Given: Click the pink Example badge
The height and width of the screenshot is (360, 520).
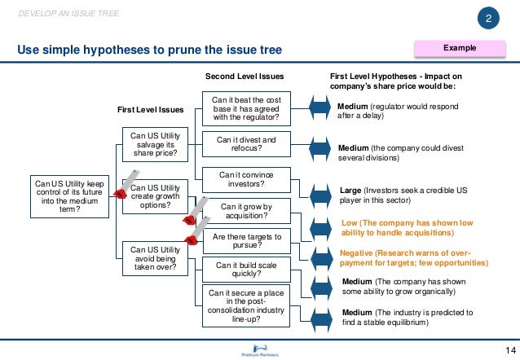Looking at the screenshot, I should [x=459, y=48].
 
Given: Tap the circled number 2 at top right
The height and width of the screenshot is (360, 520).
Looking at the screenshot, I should [x=488, y=20].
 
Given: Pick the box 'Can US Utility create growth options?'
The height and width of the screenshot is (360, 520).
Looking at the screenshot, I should [x=154, y=196].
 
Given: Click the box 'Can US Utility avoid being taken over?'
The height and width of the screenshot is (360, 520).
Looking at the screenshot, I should [x=154, y=256].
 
